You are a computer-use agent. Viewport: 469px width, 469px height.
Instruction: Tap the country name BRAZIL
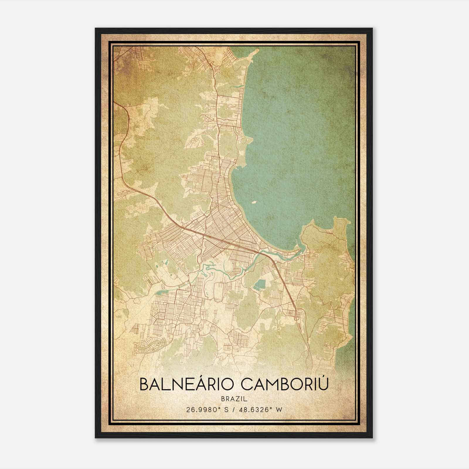(x=235, y=399)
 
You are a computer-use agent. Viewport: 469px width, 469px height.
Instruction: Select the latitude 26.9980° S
(x=205, y=409)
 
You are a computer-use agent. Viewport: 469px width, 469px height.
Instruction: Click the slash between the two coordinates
(x=233, y=409)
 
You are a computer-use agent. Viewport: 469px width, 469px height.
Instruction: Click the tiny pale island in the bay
(x=254, y=202)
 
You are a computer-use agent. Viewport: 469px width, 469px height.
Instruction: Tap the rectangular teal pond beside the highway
(x=259, y=284)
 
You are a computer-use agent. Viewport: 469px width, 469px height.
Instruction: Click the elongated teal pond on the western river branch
(x=160, y=291)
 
